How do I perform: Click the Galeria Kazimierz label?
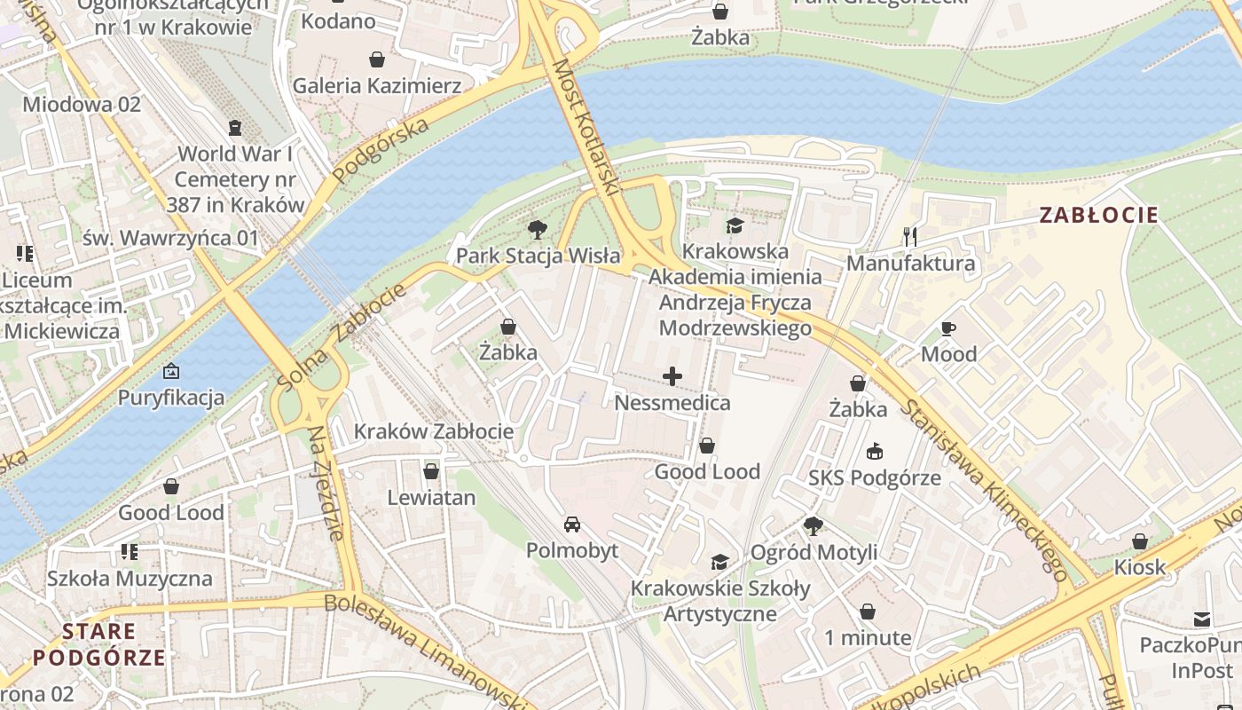click(x=377, y=86)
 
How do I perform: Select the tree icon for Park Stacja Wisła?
click(x=537, y=231)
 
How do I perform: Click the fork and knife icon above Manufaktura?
click(x=909, y=236)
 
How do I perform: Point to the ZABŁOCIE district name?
click(x=1098, y=215)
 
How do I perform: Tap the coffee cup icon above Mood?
click(x=948, y=329)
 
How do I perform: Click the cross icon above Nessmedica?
click(x=672, y=377)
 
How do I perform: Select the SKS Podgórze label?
click(x=874, y=478)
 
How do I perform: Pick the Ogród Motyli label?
click(x=814, y=552)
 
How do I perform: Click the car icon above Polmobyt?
click(x=572, y=525)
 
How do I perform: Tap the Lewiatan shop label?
click(x=431, y=498)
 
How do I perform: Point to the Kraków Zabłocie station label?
click(x=433, y=432)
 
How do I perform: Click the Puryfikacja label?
click(x=171, y=397)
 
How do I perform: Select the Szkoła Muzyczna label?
click(x=130, y=579)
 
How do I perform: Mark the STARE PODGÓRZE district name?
click(x=99, y=644)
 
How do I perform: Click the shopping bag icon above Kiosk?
click(x=1140, y=541)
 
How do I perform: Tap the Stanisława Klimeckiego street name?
click(x=986, y=489)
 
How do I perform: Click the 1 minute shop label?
click(x=867, y=638)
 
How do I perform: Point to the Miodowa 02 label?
click(x=82, y=104)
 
